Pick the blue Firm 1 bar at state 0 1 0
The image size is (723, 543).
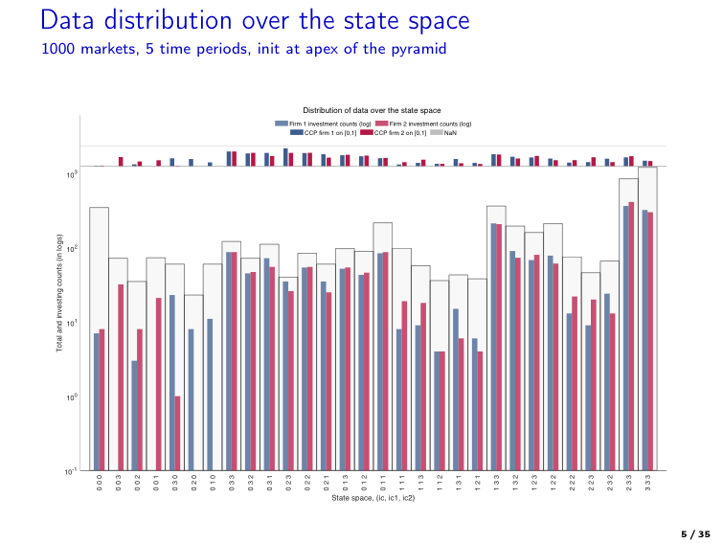(210, 394)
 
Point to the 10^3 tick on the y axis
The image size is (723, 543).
(72, 174)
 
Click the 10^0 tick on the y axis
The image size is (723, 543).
(72, 396)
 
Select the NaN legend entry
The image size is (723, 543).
(445, 132)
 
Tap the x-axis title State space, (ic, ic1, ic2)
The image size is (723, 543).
(372, 498)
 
